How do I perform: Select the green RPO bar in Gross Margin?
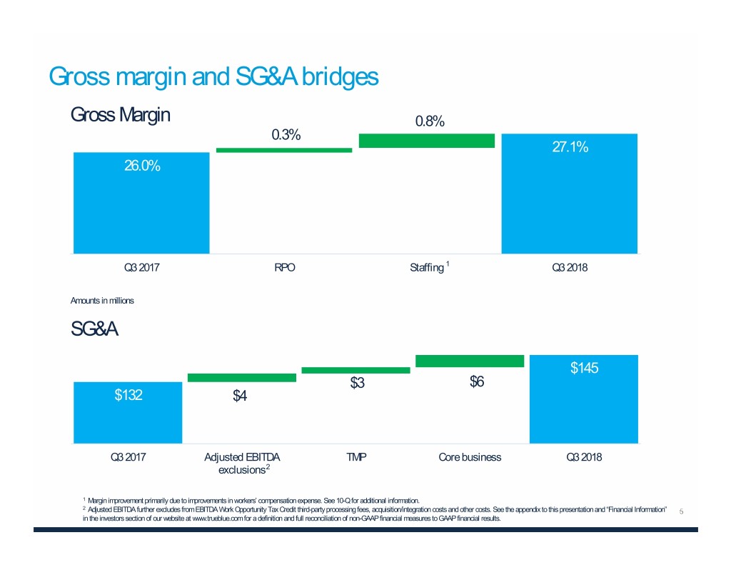pos(284,150)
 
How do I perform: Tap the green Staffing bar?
pos(426,141)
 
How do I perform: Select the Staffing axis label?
pos(427,269)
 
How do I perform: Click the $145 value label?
pos(584,369)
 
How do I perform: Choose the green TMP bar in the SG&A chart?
pos(356,370)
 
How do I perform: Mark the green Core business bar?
pos(470,361)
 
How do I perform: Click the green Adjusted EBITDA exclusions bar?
pos(242,377)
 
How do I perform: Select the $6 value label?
pos(477,382)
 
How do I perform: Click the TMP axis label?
pos(356,458)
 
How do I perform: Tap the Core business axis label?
pos(470,458)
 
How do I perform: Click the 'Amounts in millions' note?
pos(102,301)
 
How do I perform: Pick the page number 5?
pos(682,511)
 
